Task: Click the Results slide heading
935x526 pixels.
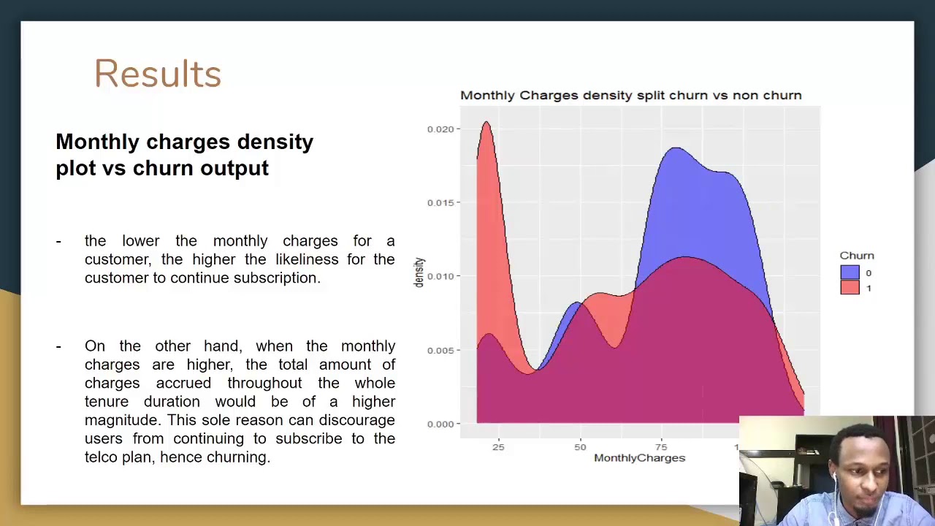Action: [x=158, y=74]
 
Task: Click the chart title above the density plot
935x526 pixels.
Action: [x=630, y=96]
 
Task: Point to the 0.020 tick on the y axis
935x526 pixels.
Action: [x=440, y=129]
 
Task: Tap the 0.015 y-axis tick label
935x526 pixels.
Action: [x=440, y=202]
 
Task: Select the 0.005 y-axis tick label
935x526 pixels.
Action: [x=440, y=351]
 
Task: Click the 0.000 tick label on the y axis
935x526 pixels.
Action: [x=440, y=424]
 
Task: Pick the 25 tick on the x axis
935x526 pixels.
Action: [x=497, y=446]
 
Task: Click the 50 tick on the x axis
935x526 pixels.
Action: [x=580, y=446]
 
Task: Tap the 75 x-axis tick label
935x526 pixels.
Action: [x=661, y=446]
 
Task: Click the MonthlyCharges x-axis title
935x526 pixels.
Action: [x=639, y=458]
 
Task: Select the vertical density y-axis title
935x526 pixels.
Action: [x=419, y=272]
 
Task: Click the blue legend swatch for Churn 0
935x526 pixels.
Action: [x=850, y=272]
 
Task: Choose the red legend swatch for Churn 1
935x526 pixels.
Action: [x=850, y=288]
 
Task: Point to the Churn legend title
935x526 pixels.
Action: [x=856, y=256]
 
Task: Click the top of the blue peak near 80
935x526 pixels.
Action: [x=676, y=149]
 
